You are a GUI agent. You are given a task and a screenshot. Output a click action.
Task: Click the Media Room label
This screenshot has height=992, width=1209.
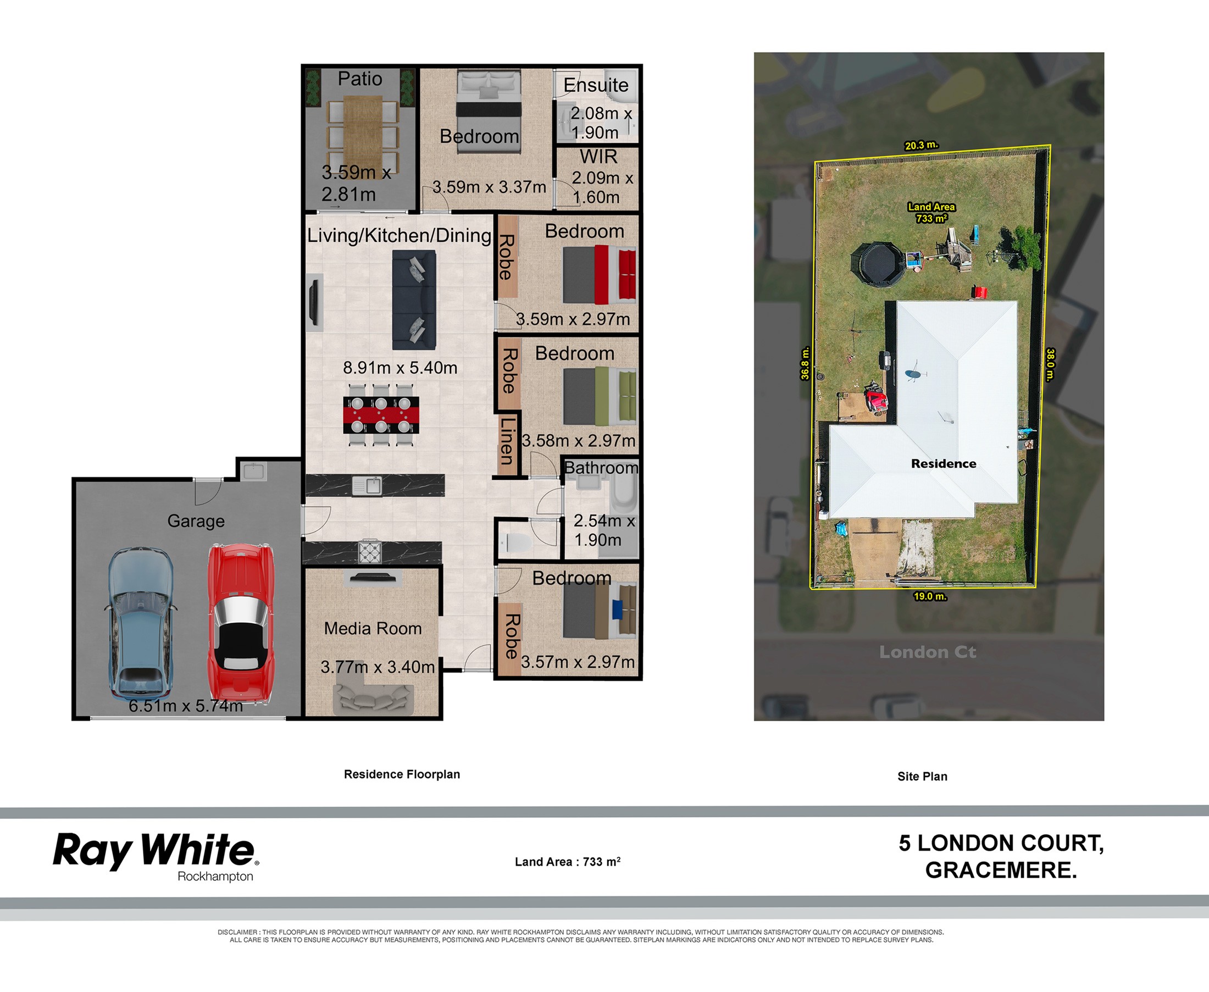click(x=373, y=629)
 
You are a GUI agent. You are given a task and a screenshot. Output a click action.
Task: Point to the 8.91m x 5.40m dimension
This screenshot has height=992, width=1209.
click(x=400, y=368)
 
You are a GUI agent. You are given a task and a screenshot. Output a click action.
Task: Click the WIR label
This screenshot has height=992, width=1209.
click(x=598, y=156)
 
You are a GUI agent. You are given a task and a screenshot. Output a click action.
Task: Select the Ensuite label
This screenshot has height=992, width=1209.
click(x=596, y=85)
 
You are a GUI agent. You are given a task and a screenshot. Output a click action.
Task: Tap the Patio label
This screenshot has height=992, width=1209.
click(x=360, y=78)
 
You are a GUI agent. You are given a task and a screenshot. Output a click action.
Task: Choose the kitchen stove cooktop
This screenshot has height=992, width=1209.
click(x=370, y=552)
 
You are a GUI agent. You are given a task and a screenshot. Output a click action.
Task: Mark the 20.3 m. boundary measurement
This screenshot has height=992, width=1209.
click(x=922, y=145)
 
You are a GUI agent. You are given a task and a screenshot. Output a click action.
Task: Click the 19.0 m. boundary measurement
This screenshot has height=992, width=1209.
click(x=930, y=596)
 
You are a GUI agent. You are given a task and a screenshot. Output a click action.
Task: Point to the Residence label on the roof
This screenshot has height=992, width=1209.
click(x=944, y=463)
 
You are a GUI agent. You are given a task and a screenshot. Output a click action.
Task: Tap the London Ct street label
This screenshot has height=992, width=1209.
click(x=927, y=651)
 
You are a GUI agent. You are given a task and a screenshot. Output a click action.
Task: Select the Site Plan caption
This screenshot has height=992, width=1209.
click(x=922, y=776)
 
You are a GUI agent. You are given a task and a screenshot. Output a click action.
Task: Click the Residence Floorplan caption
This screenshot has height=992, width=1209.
click(x=402, y=774)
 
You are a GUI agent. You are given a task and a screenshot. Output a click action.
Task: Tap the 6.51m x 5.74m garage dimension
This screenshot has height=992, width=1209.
click(x=186, y=706)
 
